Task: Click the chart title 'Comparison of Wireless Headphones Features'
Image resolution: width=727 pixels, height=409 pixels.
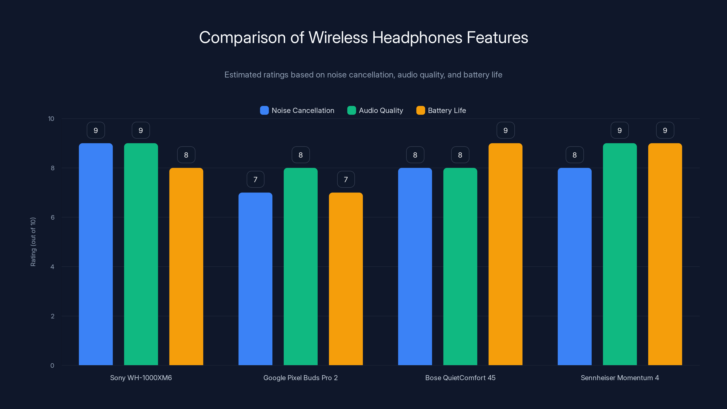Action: [363, 37]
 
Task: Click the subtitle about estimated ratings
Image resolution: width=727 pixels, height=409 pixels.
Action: [363, 75]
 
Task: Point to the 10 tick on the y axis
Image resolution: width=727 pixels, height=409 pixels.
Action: [51, 119]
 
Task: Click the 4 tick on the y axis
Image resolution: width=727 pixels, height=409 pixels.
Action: [52, 267]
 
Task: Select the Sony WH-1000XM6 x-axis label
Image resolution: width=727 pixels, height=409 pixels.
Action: [141, 378]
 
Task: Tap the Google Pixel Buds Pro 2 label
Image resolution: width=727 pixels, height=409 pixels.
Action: [300, 378]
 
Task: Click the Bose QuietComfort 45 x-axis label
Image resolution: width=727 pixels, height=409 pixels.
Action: [460, 378]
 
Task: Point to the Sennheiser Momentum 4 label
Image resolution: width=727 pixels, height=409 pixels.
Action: [620, 378]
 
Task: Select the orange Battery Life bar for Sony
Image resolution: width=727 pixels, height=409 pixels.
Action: [186, 267]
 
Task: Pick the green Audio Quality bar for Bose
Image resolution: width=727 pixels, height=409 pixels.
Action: [460, 267]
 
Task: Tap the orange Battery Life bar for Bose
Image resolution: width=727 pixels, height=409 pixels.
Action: [505, 254]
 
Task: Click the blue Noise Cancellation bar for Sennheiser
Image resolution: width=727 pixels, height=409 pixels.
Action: [574, 267]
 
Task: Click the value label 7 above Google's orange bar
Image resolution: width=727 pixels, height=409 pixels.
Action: [346, 180]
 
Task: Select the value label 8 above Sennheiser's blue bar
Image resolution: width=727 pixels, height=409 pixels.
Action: [574, 155]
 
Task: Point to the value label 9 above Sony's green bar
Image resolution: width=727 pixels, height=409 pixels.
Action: [141, 130]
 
